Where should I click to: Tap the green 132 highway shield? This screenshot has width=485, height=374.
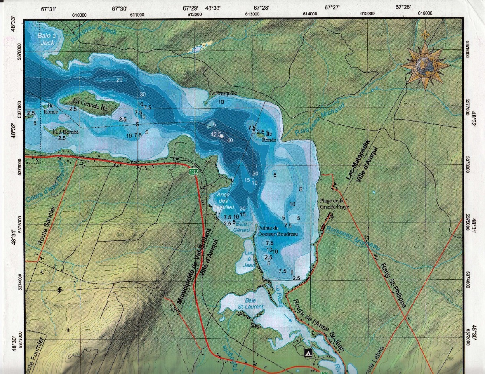pyautogui.click(x=194, y=172)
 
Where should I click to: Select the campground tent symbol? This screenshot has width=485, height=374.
pyautogui.click(x=308, y=353)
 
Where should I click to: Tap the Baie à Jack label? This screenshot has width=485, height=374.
pyautogui.click(x=46, y=39)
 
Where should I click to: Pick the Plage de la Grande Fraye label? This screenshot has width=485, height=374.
pyautogui.click(x=334, y=204)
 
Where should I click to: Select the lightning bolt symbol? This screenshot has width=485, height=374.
pyautogui.click(x=60, y=290)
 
